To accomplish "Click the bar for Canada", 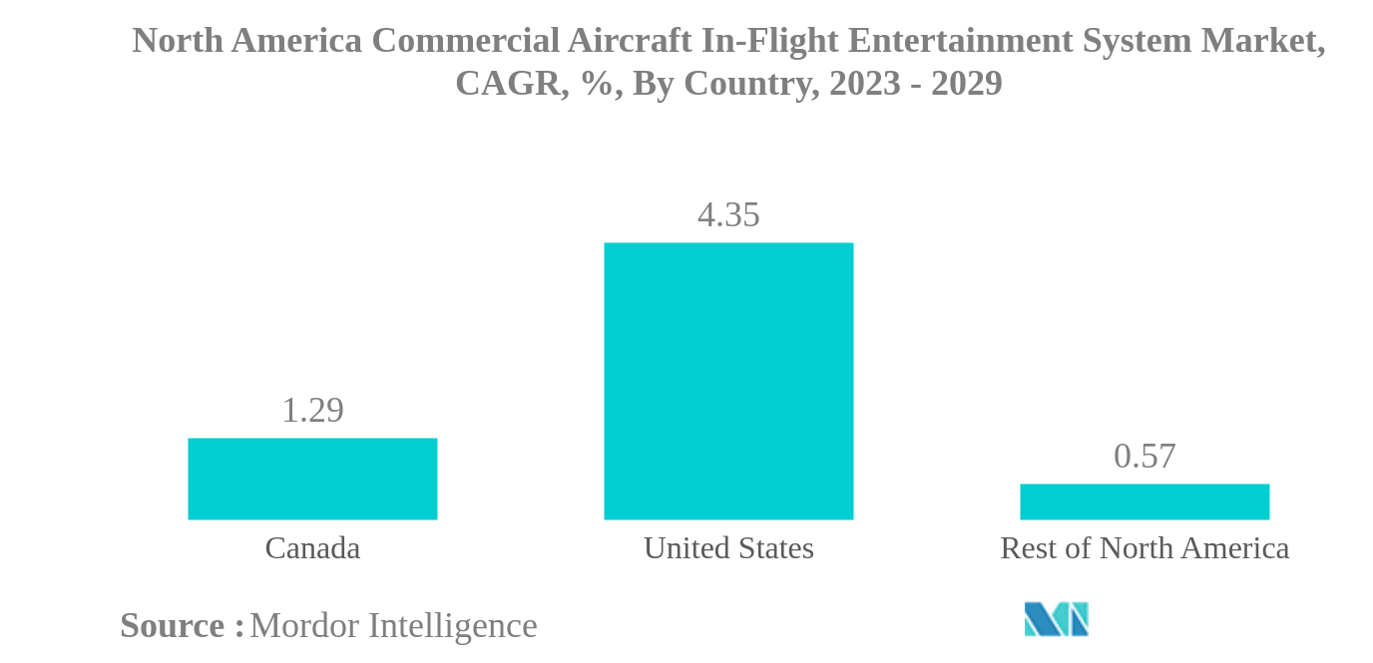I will coord(312,479).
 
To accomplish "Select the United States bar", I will coord(728,381).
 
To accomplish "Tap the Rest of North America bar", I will coord(1144,501).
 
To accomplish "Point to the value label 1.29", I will coord(312,411).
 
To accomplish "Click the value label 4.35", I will coord(728,215).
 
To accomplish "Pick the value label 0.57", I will coord(1144,457).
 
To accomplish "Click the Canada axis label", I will coord(312,548).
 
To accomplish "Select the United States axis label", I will coord(728,548).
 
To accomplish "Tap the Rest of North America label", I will coord(1144,548).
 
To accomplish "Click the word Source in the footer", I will coord(173,626).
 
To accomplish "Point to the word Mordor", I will coord(305,626).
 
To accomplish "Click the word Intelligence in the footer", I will coord(453,626).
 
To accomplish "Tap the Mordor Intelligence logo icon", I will coord(1056,619).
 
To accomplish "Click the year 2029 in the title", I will coord(966,84).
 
